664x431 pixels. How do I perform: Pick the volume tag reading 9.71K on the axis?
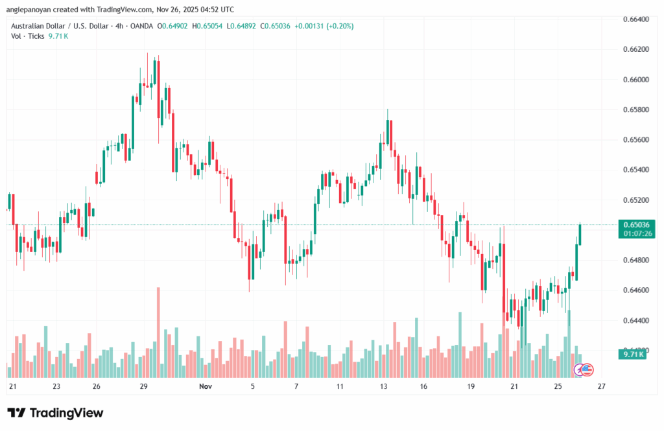pyautogui.click(x=633, y=355)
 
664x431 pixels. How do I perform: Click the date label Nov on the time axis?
pyautogui.click(x=206, y=386)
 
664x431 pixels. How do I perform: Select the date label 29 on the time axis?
pyautogui.click(x=144, y=386)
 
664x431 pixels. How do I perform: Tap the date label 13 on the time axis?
pyautogui.click(x=383, y=386)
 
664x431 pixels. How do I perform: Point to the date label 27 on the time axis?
pyautogui.click(x=601, y=386)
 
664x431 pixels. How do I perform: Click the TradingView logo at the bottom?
pyautogui.click(x=55, y=414)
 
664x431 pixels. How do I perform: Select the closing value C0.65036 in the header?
pyautogui.click(x=272, y=26)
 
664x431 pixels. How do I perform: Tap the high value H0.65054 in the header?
pyautogui.click(x=207, y=26)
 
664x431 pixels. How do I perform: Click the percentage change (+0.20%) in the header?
pyautogui.click(x=340, y=26)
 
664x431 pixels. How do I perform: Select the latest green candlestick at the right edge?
pyautogui.click(x=580, y=235)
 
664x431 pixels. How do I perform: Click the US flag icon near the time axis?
pyautogui.click(x=586, y=369)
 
